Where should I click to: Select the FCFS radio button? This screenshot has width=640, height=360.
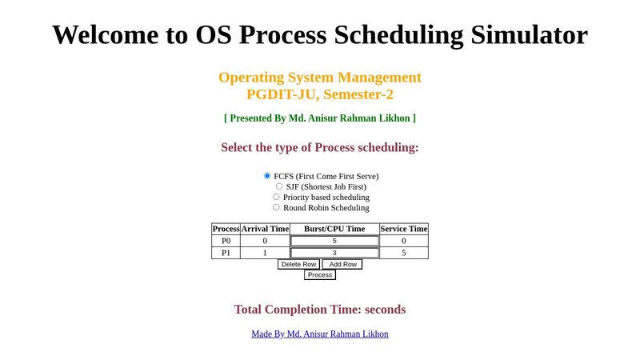coord(267,176)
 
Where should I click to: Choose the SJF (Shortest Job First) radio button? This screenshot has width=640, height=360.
coord(279,186)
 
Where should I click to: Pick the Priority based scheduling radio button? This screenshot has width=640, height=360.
coord(276,197)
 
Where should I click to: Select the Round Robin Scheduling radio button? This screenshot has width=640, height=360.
coord(276,207)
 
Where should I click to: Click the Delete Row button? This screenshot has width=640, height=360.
coord(298,264)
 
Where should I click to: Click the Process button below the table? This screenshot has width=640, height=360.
coord(320,274)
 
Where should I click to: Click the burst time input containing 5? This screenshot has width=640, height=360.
coord(334,241)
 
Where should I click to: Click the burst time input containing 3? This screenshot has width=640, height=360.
coord(334,253)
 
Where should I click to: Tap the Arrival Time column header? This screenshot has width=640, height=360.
coord(265,229)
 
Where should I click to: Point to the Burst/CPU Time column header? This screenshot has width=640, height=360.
coord(334,229)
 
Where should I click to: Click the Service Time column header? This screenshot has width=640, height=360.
coord(404,229)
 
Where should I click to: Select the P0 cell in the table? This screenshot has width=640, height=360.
coord(226,241)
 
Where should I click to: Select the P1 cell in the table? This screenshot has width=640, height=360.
coord(226,253)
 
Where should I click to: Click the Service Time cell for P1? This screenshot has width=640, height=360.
coord(404,253)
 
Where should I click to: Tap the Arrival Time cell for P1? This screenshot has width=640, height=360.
coord(265,253)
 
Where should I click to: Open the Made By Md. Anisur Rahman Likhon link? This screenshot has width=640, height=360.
coord(320,334)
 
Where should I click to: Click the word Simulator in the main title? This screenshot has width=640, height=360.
coord(524,34)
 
